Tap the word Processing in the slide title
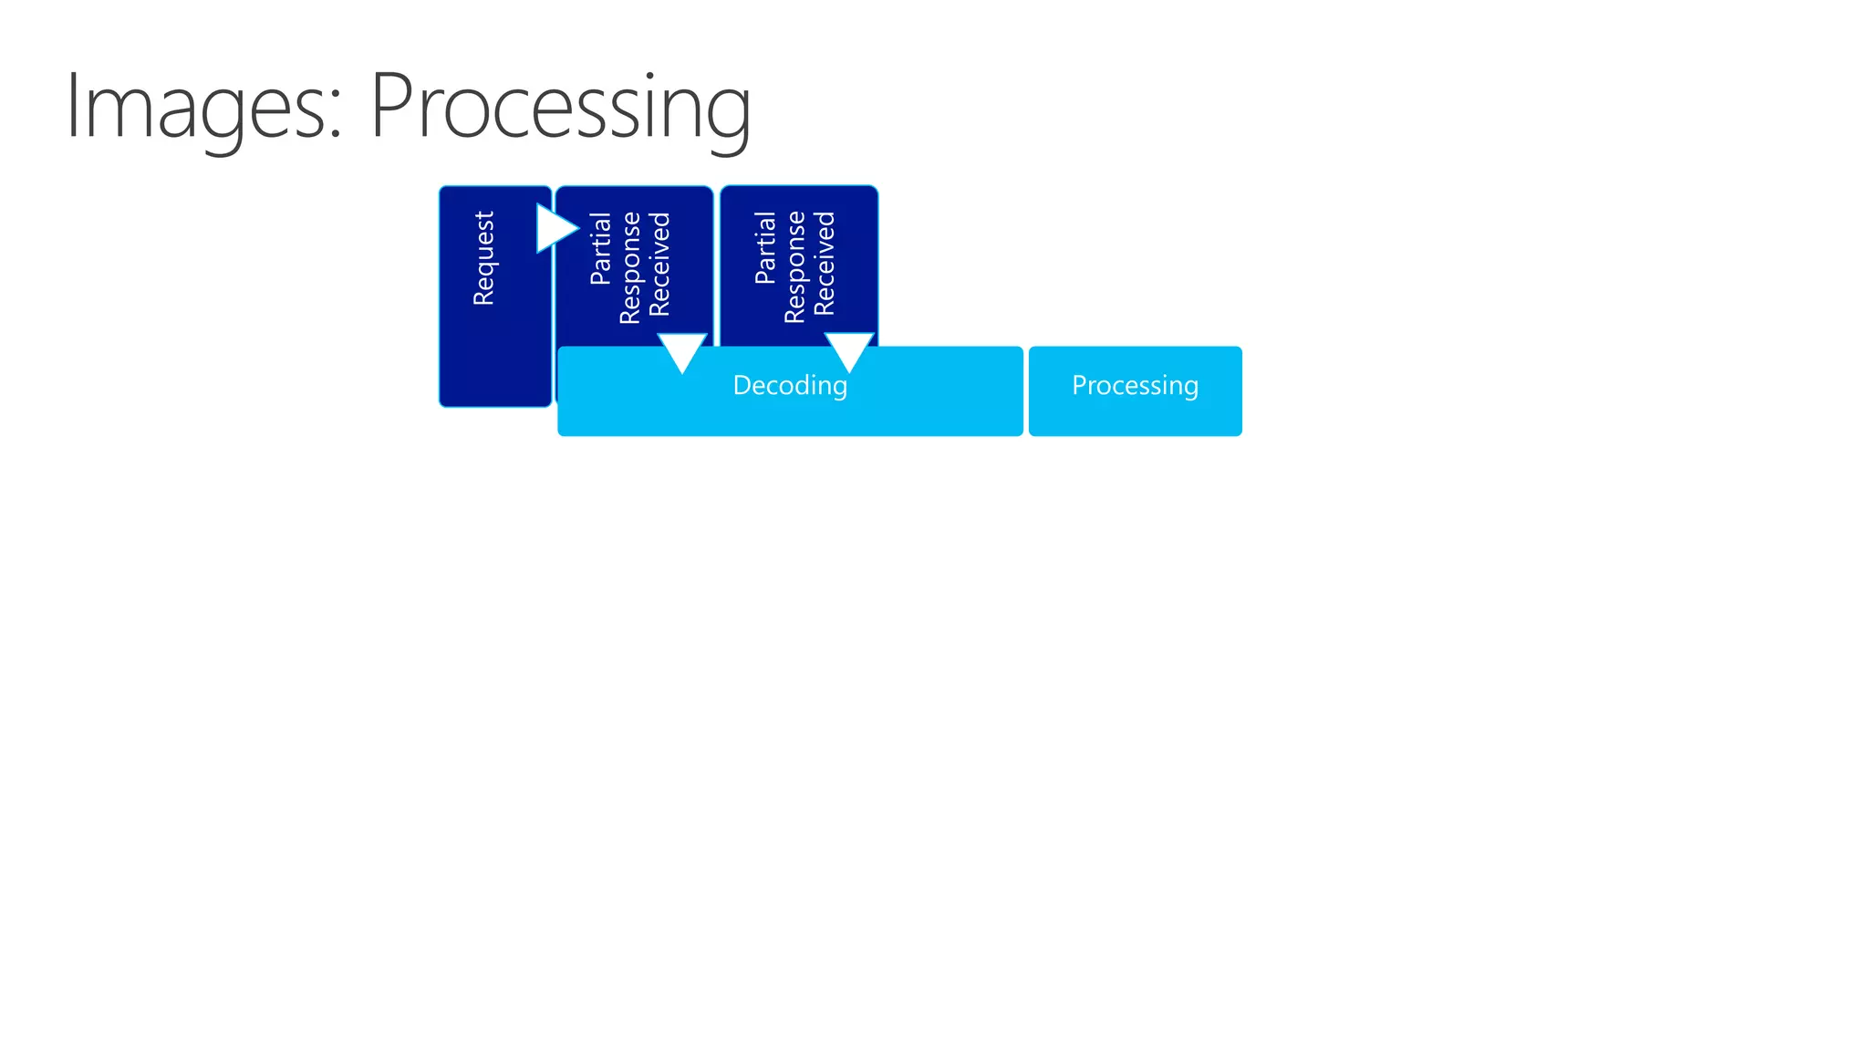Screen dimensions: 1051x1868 tap(560, 108)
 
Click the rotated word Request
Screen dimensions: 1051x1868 tap(483, 258)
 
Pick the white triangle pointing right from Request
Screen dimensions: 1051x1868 tap(555, 228)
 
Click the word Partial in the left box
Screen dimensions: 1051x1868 tap(600, 248)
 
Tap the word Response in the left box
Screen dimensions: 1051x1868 tap(629, 267)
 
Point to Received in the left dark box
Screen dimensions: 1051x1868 tap(659, 265)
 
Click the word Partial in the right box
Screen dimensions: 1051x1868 tap(765, 248)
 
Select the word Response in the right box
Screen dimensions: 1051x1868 tap(794, 267)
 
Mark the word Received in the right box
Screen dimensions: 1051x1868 tap(825, 265)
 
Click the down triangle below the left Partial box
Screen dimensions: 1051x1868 tap(682, 350)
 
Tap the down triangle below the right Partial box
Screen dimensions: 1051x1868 tap(849, 350)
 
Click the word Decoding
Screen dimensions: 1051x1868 tap(790, 386)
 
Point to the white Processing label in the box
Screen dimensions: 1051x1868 tap(1135, 386)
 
